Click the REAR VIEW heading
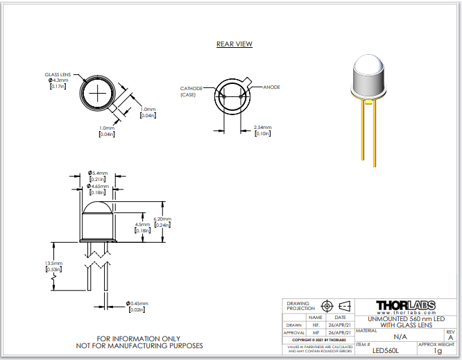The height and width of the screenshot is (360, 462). pos(234,44)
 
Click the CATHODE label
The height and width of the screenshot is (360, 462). pos(191,89)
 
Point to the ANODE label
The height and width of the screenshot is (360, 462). pos(271,87)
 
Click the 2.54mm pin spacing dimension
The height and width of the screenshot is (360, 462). pos(263,128)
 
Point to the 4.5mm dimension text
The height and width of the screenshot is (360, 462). pos(142,225)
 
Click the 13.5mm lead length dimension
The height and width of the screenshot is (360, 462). pos(53,264)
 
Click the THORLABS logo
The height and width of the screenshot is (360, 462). pos(407,305)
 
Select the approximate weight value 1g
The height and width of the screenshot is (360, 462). pos(438,351)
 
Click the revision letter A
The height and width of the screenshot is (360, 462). pos(451,337)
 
